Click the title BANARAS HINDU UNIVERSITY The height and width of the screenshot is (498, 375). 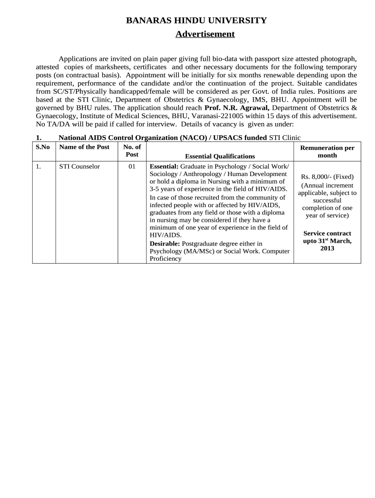pos(196,20)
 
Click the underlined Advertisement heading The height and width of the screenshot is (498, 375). pos(205,34)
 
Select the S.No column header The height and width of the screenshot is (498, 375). pos(43,147)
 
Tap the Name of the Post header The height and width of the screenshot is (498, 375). pos(84,147)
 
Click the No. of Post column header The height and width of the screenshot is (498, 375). pos(131,150)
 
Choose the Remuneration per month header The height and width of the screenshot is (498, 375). pos(327,151)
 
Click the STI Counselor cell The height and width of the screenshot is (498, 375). pos(79,166)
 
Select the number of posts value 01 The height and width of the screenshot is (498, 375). pos(131,166)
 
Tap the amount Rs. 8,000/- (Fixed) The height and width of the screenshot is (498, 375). pos(327,177)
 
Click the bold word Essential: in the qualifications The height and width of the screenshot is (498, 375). pos(164,166)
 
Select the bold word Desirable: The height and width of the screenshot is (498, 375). pos(165,243)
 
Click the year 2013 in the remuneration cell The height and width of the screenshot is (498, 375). pos(327,248)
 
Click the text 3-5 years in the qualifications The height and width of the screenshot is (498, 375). pos(163,188)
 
